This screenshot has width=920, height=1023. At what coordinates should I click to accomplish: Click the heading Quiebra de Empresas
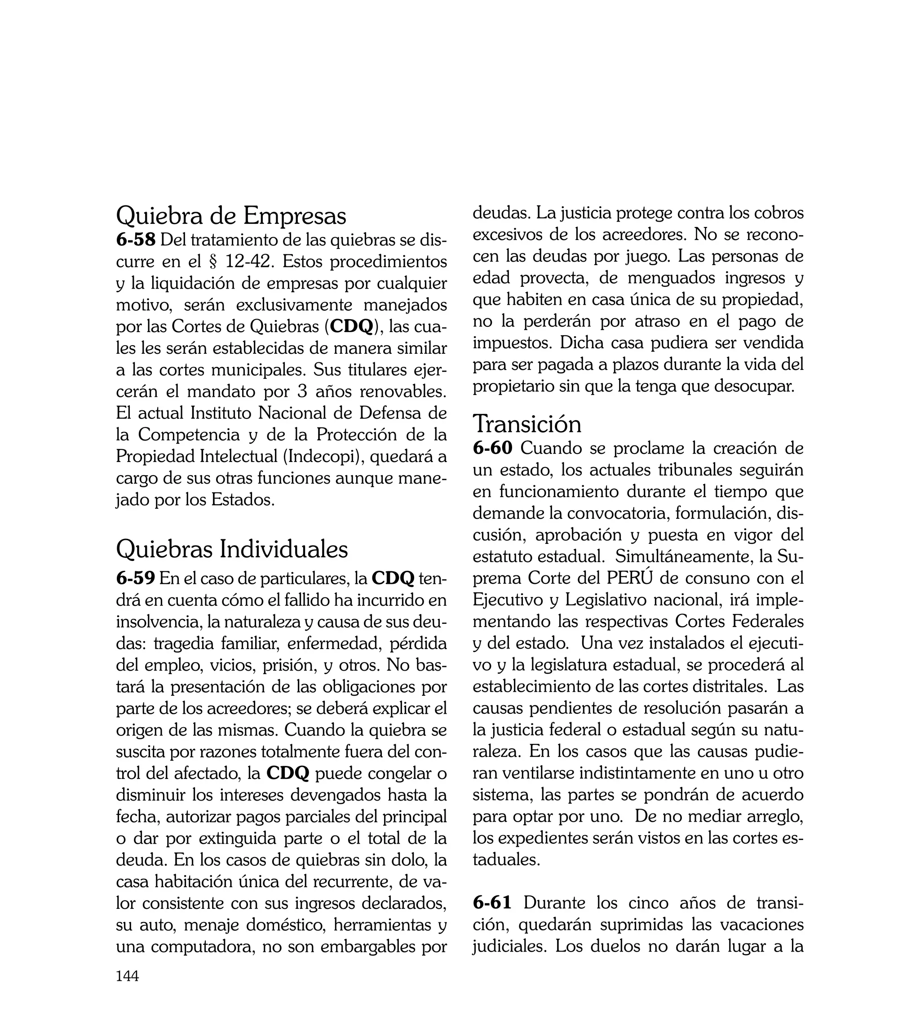click(231, 216)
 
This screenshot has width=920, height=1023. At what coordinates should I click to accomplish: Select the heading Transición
click(527, 424)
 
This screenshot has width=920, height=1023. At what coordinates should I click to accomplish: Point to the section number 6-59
click(136, 578)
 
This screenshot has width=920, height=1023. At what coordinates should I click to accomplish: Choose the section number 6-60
click(493, 448)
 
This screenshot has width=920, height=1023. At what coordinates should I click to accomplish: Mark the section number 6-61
click(492, 903)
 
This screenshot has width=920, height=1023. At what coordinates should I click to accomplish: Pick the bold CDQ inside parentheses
click(351, 327)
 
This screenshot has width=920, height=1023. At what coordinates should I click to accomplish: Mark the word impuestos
click(513, 343)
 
